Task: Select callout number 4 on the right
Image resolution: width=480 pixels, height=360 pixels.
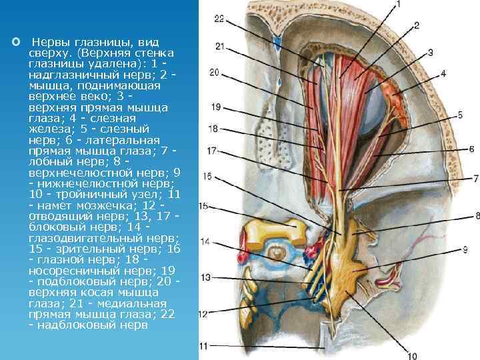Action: click(x=443, y=74)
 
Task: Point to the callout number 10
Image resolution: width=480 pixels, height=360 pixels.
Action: click(x=413, y=355)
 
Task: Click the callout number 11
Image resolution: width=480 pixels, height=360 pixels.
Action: click(x=204, y=346)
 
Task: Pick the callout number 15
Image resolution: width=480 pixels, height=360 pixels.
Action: click(x=204, y=206)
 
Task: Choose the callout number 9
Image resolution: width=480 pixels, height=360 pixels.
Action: click(x=464, y=249)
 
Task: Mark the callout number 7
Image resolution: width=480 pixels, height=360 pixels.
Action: click(x=476, y=179)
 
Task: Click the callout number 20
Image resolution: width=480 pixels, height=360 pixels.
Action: click(x=215, y=73)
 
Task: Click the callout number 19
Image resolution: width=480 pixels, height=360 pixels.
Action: click(x=214, y=107)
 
